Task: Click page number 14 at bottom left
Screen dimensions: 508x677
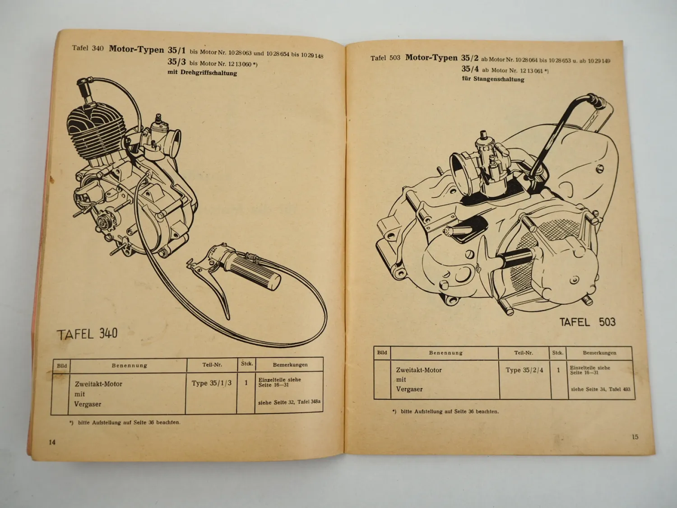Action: click(x=52, y=442)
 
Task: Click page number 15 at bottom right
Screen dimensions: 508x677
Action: click(x=635, y=437)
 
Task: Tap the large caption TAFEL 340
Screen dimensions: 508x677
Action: click(x=87, y=334)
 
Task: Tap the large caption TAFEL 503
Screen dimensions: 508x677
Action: click(x=587, y=322)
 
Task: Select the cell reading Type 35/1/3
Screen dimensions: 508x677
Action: click(x=211, y=383)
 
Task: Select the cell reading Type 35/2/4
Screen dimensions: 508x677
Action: click(x=524, y=370)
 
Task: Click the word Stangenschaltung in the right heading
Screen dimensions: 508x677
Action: click(x=499, y=79)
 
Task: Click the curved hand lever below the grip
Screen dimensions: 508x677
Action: click(x=217, y=289)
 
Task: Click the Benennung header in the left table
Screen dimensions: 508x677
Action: click(x=129, y=365)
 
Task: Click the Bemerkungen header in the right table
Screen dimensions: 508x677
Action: click(x=599, y=353)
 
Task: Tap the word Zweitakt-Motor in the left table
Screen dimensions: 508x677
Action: click(x=98, y=384)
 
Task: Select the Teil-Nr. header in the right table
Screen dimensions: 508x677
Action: click(x=524, y=353)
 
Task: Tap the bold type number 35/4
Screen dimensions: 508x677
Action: click(x=470, y=69)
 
